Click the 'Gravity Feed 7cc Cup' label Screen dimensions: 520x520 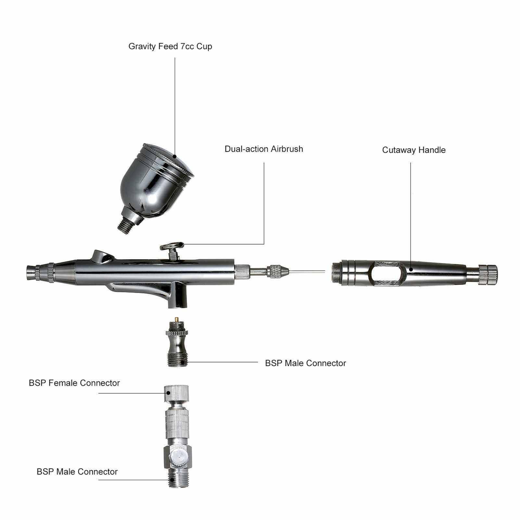(170, 46)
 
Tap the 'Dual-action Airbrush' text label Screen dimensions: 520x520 (264, 149)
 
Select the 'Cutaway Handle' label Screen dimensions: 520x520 (414, 150)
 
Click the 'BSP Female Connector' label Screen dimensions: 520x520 (74, 383)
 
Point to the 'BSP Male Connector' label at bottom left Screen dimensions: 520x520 (77, 472)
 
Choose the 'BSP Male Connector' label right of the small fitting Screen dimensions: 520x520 (306, 363)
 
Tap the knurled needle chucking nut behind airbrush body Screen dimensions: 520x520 (274, 271)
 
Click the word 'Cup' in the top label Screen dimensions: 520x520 (204, 46)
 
